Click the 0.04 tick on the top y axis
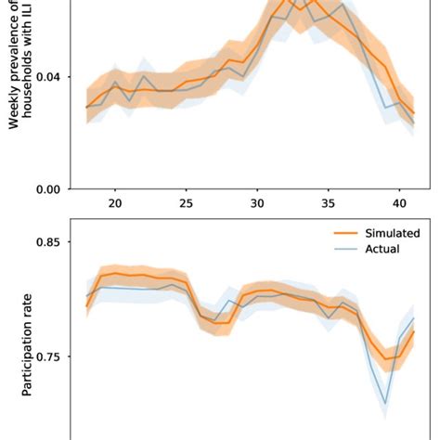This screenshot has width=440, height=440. click(x=49, y=77)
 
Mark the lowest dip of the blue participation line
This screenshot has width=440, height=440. click(x=385, y=403)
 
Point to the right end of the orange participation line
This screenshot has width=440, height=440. click(x=414, y=331)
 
